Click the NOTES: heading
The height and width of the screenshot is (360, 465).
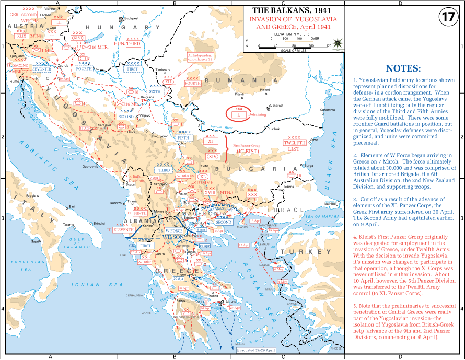coord(402,68)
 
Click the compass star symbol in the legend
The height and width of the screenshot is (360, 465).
coord(338,42)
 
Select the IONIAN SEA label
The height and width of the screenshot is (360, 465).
coord(94,285)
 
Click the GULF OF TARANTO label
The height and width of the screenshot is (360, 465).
coord(73,245)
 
